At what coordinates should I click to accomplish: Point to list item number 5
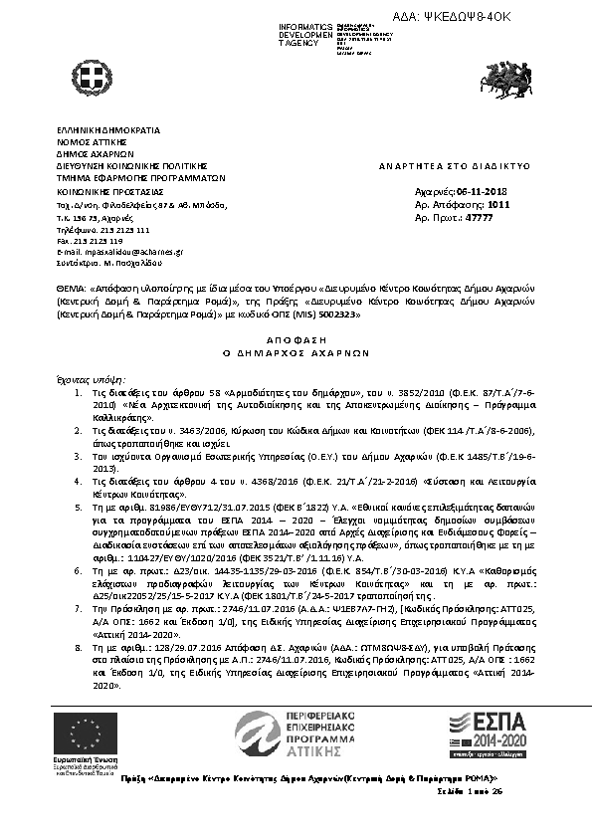(x=81, y=506)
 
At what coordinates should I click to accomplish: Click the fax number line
(x=90, y=241)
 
